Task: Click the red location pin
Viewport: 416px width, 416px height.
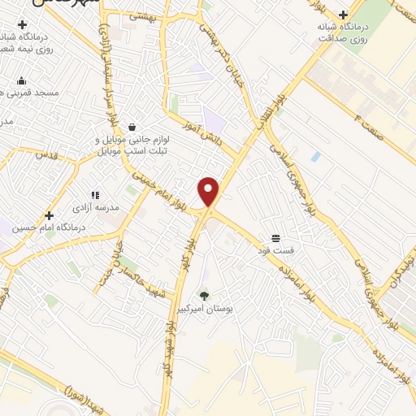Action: [x=209, y=192]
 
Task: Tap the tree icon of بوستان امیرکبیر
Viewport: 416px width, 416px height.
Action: [x=204, y=296]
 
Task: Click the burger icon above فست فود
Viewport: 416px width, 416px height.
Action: [x=276, y=237]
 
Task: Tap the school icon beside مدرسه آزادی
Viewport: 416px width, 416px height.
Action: [x=95, y=196]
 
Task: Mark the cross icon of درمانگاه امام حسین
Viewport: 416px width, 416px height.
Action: [x=50, y=216]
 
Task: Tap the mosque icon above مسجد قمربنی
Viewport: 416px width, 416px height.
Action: [x=21, y=80]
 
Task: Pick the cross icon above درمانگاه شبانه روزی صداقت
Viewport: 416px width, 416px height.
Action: [x=343, y=15]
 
